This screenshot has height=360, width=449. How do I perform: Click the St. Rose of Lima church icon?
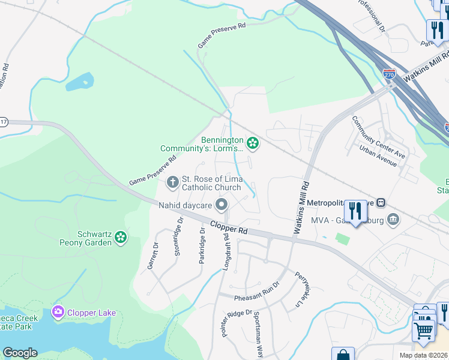173,181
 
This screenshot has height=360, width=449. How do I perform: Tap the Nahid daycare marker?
221,206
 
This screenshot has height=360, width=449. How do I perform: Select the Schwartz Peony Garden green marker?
121,238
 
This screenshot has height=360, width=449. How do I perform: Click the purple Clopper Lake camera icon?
58,312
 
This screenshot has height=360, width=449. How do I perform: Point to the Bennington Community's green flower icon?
253,143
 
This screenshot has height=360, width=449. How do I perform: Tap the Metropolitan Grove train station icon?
381,203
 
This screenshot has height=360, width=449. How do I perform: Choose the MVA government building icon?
393,219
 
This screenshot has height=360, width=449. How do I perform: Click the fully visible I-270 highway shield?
390,75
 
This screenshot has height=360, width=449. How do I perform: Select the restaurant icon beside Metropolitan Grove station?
355,211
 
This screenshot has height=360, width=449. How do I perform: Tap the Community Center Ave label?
378,137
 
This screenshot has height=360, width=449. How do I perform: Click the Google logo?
20,353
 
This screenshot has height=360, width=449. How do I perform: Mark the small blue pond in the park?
80,82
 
